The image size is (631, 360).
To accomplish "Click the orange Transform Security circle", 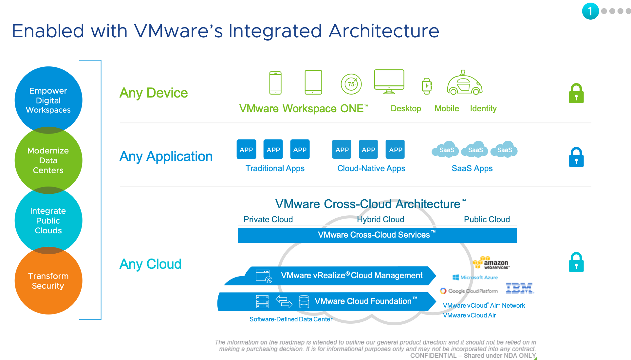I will [48, 281].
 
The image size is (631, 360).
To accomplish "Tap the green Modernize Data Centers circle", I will [48, 160].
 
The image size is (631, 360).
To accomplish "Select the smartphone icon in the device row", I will [275, 83].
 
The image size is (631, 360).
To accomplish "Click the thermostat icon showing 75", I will [351, 84].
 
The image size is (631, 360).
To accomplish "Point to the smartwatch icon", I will [427, 86].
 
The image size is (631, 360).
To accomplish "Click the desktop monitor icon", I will [389, 81].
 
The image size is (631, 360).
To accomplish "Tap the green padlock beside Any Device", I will [576, 94].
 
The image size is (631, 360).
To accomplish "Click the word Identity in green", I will [483, 108].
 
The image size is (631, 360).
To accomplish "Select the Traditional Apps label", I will [275, 168].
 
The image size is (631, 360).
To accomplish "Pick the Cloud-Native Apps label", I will [371, 168].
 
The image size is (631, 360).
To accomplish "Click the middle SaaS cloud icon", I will [475, 150].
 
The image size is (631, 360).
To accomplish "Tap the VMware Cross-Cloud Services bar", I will [377, 235].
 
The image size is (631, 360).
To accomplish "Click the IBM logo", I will [520, 288].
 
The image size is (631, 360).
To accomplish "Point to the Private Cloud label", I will [268, 219].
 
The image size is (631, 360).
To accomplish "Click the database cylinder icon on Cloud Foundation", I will [304, 301].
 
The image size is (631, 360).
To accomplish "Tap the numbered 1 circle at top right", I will [590, 11].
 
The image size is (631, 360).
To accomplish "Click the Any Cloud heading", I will [150, 264].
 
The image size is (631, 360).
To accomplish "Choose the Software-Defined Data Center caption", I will [291, 319].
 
